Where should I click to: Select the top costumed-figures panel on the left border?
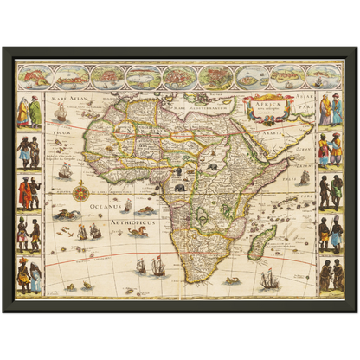[29, 110]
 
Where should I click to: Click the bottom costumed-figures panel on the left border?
[29, 276]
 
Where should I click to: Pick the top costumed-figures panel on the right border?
[330, 110]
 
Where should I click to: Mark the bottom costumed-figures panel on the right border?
[330, 276]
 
